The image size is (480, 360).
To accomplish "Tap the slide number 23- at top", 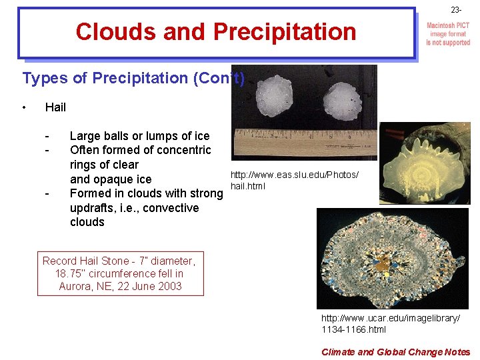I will pyautogui.click(x=455, y=10).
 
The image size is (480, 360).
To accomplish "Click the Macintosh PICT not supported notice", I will pyautogui.click(x=448, y=34).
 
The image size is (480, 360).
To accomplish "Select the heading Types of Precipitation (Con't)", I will pyautogui.click(x=133, y=78).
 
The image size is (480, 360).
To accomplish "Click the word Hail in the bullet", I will pyautogui.click(x=55, y=107).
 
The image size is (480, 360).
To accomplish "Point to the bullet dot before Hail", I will pyautogui.click(x=24, y=107).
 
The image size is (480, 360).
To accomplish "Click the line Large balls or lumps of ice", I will pyautogui.click(x=139, y=136).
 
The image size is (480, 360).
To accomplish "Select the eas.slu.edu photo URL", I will pyautogui.click(x=294, y=180).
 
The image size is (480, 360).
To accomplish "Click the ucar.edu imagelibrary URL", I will pyautogui.click(x=390, y=324).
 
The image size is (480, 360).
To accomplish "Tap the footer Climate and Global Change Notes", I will pyautogui.click(x=395, y=352).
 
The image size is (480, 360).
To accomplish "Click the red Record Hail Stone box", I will pyautogui.click(x=121, y=273).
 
